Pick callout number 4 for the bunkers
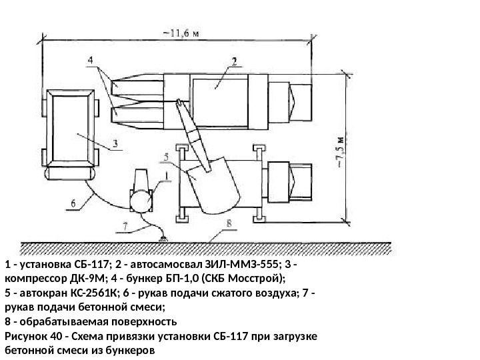[x=89, y=61]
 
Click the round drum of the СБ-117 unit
[x=141, y=201]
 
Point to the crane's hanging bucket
[x=213, y=186]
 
